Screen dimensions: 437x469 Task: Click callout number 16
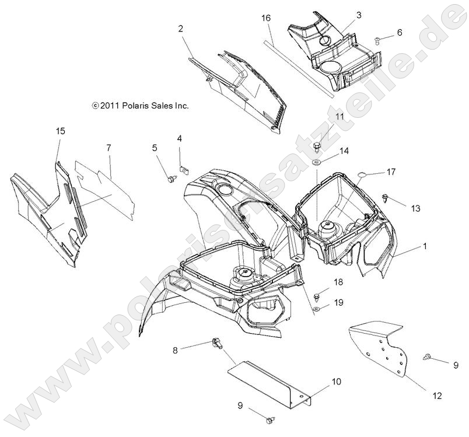[266, 19]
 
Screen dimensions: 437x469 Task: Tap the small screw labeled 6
[378, 39]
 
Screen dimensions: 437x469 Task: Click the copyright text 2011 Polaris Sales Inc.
[141, 106]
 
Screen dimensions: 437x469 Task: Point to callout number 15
[60, 131]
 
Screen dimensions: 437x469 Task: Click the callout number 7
[108, 148]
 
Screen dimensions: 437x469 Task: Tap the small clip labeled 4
[183, 170]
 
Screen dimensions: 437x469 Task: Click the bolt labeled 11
[317, 144]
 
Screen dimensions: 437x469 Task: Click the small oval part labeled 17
[362, 173]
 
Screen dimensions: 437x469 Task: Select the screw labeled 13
[386, 198]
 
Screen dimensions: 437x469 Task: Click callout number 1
[425, 247]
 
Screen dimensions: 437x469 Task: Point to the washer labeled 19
[316, 309]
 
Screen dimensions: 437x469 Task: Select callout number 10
[337, 382]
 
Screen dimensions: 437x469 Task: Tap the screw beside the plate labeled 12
[429, 355]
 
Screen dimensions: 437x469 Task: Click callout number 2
[181, 28]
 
